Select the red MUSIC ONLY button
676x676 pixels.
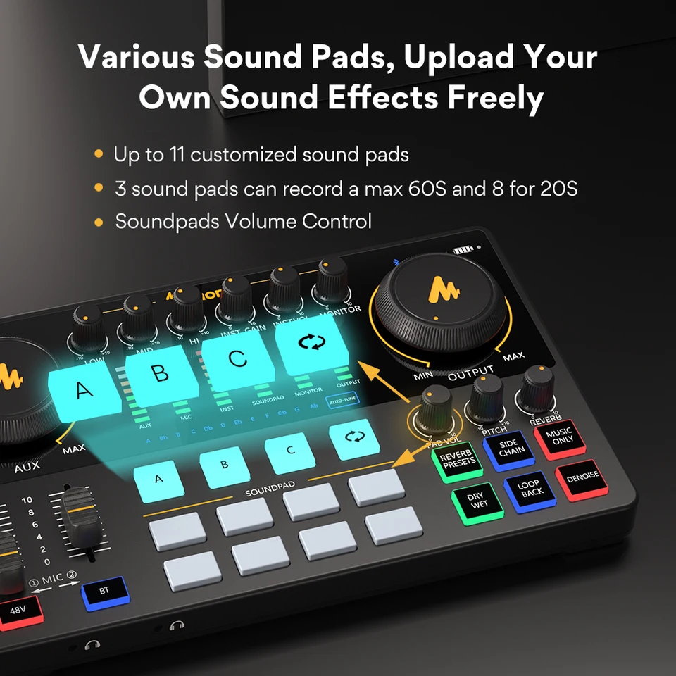point(558,437)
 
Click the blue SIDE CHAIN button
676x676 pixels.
point(508,449)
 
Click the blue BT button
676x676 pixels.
point(104,590)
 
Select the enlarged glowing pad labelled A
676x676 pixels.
point(84,389)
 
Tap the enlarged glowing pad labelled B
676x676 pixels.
point(161,372)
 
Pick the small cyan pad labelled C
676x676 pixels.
point(289,451)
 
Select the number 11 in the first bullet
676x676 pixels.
point(177,154)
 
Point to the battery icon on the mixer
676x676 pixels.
point(463,249)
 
